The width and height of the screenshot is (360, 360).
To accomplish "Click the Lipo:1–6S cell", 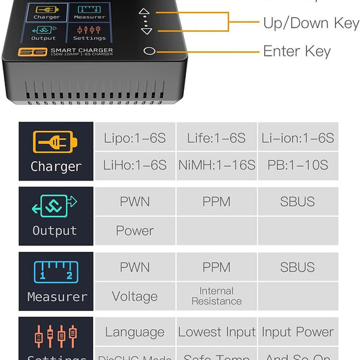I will tap(135, 138).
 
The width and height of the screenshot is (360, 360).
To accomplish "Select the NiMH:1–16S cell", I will tap(217, 165).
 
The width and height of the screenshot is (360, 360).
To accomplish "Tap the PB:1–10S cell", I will tap(298, 165).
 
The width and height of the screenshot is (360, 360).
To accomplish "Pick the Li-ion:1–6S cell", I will tap(298, 138).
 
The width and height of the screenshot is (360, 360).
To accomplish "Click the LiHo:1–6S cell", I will tap(135, 165).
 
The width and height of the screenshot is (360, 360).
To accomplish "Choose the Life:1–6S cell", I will tap(217, 138).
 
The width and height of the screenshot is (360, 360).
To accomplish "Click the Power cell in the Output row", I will tap(135, 230).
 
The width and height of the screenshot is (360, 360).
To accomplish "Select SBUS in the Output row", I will tap(298, 202).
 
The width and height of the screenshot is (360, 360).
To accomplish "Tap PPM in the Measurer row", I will tap(217, 267).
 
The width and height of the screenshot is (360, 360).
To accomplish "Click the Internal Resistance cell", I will tap(217, 296).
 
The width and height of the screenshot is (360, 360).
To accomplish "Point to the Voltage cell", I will tap(135, 297).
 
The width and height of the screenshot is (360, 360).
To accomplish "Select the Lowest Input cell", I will tap(217, 333).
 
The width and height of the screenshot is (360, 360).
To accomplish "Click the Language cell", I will tap(135, 333).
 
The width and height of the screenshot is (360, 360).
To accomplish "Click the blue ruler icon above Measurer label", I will tap(56, 271).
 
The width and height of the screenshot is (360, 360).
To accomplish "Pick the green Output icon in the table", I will tap(55, 207).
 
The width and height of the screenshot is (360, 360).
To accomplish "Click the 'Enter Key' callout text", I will tap(297, 51).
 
